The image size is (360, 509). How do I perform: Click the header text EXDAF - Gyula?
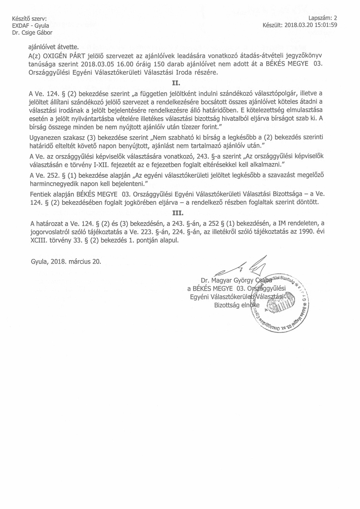pyautogui.click(x=31, y=25)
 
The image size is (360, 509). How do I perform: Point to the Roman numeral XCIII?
pyautogui.click(x=39, y=241)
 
